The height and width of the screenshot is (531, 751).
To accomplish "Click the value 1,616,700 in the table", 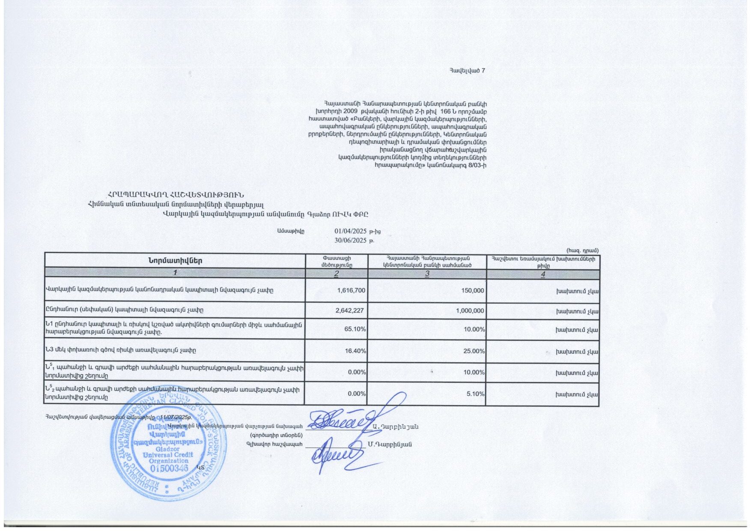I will [x=351, y=290].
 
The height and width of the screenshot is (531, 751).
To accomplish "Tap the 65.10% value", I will [x=355, y=329].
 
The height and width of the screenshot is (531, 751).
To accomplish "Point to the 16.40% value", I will [x=355, y=351].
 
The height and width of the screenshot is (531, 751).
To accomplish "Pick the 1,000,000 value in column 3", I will [x=470, y=310].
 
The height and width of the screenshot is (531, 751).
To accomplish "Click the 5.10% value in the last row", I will [x=475, y=394].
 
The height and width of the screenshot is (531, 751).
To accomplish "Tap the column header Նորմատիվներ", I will [x=175, y=261].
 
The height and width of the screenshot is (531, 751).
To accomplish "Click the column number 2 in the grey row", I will [x=337, y=274].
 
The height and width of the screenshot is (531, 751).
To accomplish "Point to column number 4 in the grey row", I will [x=543, y=274].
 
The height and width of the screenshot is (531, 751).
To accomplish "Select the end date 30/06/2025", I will [x=351, y=240].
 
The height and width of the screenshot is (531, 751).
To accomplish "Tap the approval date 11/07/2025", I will [x=175, y=417].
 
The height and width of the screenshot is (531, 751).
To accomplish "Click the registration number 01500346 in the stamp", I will [x=169, y=468].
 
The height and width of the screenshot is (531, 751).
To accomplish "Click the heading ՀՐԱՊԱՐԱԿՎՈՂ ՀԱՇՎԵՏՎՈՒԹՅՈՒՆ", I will [x=176, y=195].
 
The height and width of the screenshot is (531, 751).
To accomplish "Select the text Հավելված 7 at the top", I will [x=467, y=71].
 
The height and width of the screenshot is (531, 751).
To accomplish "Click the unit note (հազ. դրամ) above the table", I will [x=582, y=250].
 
